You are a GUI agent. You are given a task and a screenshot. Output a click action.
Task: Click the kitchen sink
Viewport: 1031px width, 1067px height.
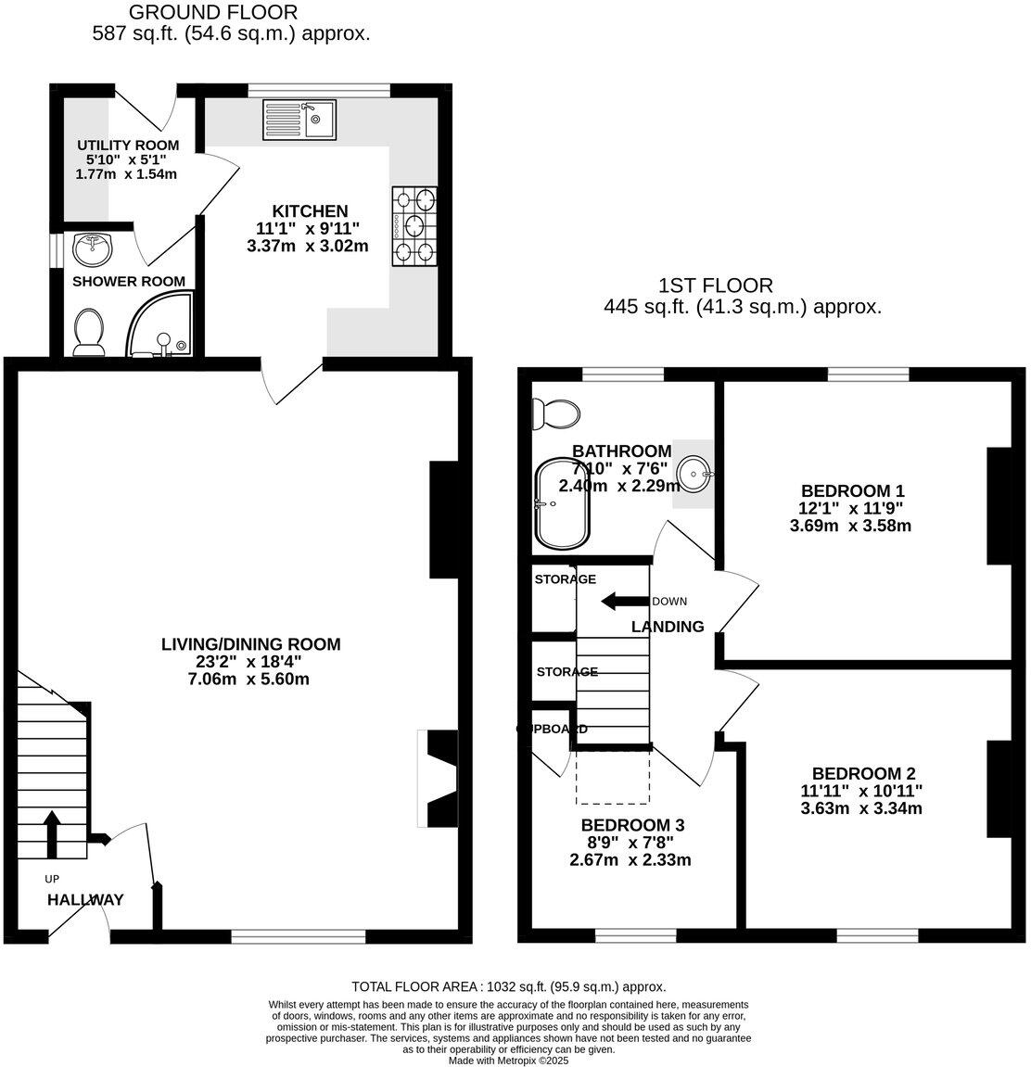pyautogui.click(x=299, y=119)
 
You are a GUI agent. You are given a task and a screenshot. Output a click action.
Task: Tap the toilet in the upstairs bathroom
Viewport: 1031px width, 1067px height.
pyautogui.click(x=554, y=413)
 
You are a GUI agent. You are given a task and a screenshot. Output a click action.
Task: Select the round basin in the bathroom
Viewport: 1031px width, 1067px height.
pyautogui.click(x=694, y=474)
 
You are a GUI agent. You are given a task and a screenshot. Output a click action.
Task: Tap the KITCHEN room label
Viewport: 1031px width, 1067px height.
pyautogui.click(x=310, y=211)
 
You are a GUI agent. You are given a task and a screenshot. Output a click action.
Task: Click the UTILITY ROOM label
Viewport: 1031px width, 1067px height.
pyautogui.click(x=128, y=146)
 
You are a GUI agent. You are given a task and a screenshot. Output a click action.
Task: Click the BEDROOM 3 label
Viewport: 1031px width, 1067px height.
pyautogui.click(x=632, y=824)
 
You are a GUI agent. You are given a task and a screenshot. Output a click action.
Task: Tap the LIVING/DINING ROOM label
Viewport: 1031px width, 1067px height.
pyautogui.click(x=250, y=643)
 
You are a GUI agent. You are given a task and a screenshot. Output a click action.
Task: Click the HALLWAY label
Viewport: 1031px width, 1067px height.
pyautogui.click(x=85, y=899)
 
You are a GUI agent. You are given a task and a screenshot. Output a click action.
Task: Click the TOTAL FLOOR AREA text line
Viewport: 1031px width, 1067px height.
pyautogui.click(x=508, y=987)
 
